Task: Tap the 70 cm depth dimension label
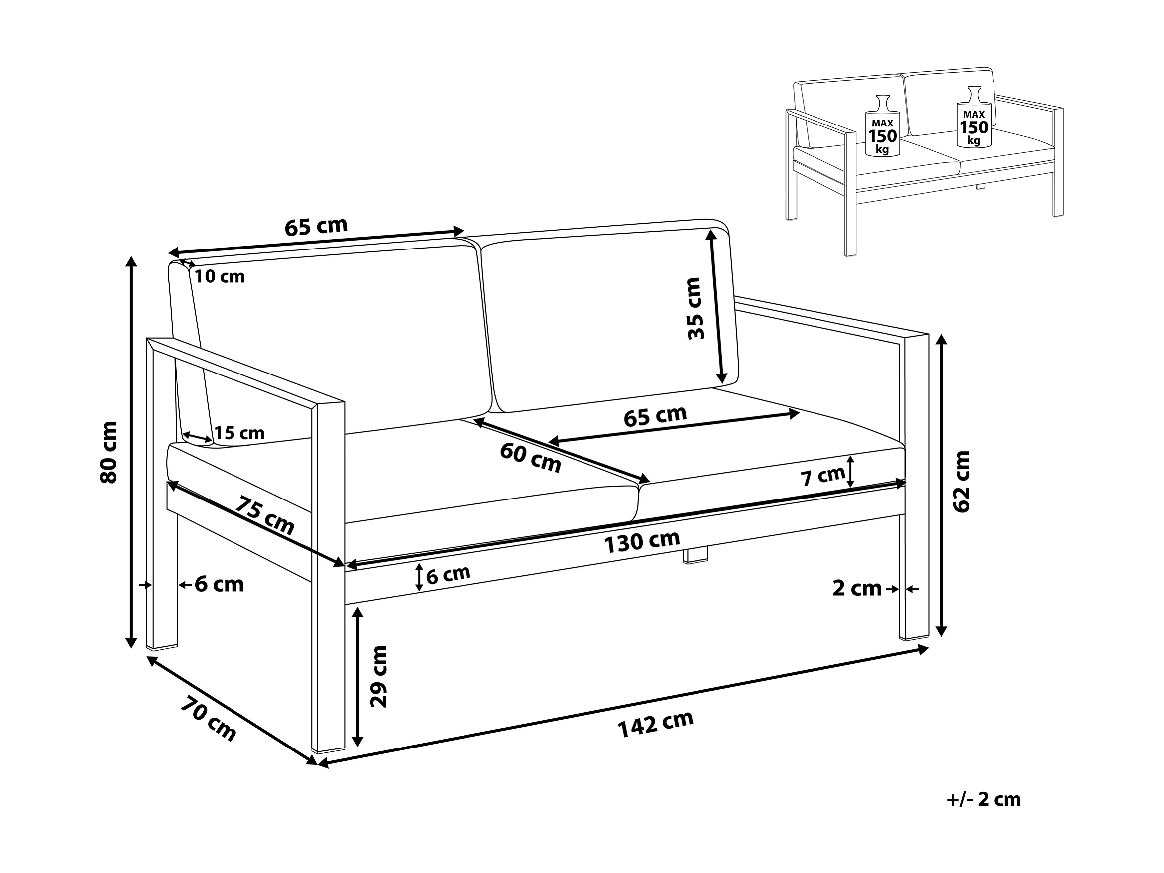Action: coord(209,718)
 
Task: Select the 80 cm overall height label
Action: coord(109,452)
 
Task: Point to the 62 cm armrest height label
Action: coord(961,482)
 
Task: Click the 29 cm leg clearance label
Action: coord(378,677)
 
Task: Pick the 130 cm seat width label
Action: coord(642,542)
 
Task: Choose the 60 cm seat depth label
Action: coord(530,458)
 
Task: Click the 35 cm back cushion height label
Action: coord(695,308)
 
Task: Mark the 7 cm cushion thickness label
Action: coord(823,476)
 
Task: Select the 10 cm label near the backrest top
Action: coord(220,276)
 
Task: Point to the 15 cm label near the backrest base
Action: coord(239,433)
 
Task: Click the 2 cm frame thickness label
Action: coord(857,588)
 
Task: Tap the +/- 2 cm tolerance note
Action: coord(983,799)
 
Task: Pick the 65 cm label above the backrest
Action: coord(316,226)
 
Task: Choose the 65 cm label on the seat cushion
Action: coord(655,416)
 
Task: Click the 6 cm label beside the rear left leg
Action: coord(220,584)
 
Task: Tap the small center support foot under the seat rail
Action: coord(696,556)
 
